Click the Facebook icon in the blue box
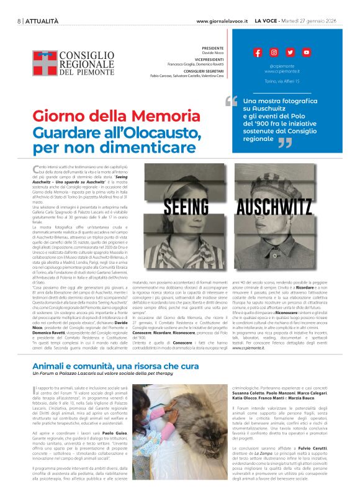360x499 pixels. (x=258, y=53)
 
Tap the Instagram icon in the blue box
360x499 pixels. (x=274, y=53)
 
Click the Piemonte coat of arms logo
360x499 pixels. (x=44, y=63)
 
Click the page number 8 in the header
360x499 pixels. (x=19, y=20)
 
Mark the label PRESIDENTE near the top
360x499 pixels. (x=213, y=48)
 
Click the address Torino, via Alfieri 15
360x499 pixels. (x=282, y=81)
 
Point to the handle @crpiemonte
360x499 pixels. (x=282, y=65)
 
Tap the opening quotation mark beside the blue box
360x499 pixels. (x=232, y=100)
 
